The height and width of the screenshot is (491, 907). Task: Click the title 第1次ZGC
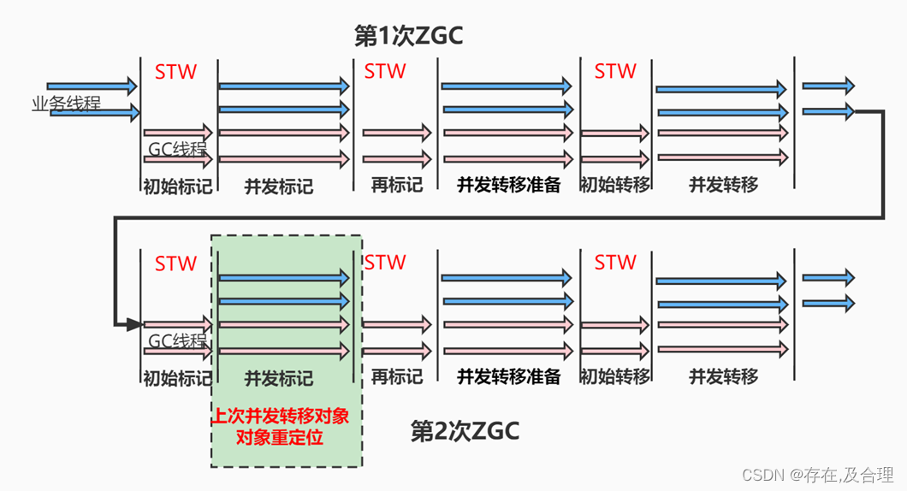click(408, 35)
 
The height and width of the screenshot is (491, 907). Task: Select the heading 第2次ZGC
click(465, 431)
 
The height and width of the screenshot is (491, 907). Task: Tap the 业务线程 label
click(66, 104)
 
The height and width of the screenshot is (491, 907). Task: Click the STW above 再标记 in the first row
click(385, 72)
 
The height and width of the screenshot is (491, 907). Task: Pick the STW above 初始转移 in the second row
click(615, 263)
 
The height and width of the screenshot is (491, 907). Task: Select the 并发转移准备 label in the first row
click(508, 185)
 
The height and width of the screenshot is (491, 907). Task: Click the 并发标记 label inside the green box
click(279, 377)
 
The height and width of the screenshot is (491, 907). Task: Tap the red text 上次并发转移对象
click(286, 417)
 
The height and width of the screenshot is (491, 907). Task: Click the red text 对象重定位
click(286, 437)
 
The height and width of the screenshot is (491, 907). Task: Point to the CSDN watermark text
click(817, 475)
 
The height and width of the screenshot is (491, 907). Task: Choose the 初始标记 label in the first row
click(177, 186)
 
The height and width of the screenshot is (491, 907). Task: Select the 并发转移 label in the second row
click(724, 376)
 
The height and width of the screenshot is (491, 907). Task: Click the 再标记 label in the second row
click(396, 376)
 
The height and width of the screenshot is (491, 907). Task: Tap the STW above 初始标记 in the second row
click(175, 263)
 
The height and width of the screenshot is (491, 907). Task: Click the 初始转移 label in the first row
click(614, 185)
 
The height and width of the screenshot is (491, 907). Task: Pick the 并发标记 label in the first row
click(279, 186)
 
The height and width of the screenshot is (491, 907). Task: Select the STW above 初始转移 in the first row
click(615, 72)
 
